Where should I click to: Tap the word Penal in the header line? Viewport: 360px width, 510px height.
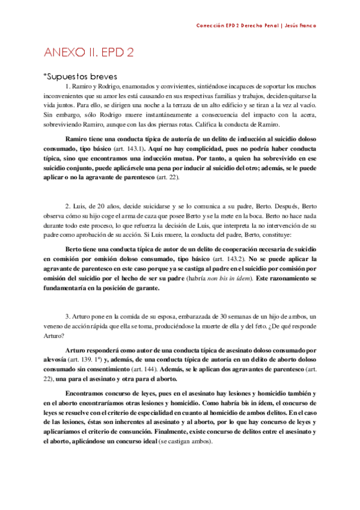tap(264, 26)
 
